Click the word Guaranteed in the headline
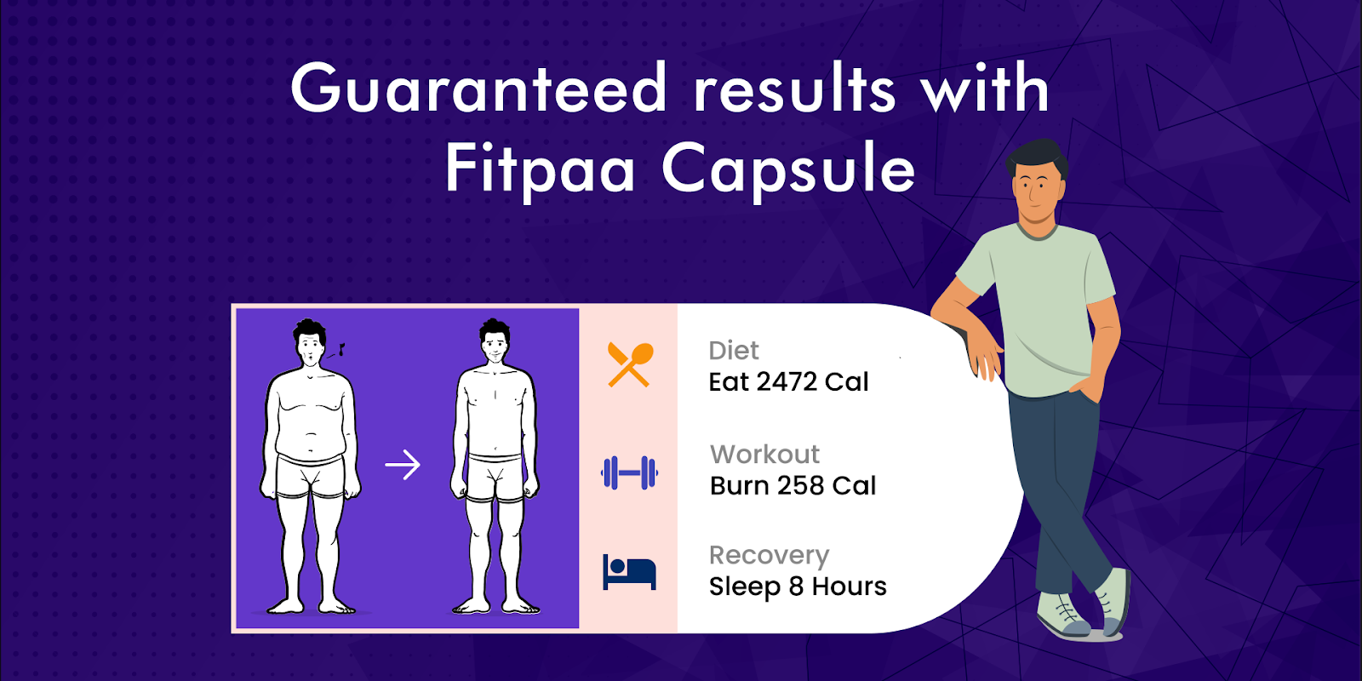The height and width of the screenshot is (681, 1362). (478, 89)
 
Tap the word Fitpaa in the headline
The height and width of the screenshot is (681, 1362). (541, 169)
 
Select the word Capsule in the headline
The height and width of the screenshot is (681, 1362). (788, 169)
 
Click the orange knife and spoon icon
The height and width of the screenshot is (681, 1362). (631, 365)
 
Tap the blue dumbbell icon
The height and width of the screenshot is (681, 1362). (629, 472)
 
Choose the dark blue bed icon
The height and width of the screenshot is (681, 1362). (629, 571)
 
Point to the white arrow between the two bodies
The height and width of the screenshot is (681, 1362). (403, 465)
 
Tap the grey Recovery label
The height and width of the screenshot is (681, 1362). (770, 556)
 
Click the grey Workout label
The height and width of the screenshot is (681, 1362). (765, 455)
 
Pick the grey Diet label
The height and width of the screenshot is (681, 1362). (733, 350)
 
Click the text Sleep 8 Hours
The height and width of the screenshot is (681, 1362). (798, 587)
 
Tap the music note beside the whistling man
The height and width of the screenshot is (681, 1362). (341, 350)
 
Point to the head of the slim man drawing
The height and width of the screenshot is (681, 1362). (495, 341)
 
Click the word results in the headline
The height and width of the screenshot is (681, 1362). (794, 89)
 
